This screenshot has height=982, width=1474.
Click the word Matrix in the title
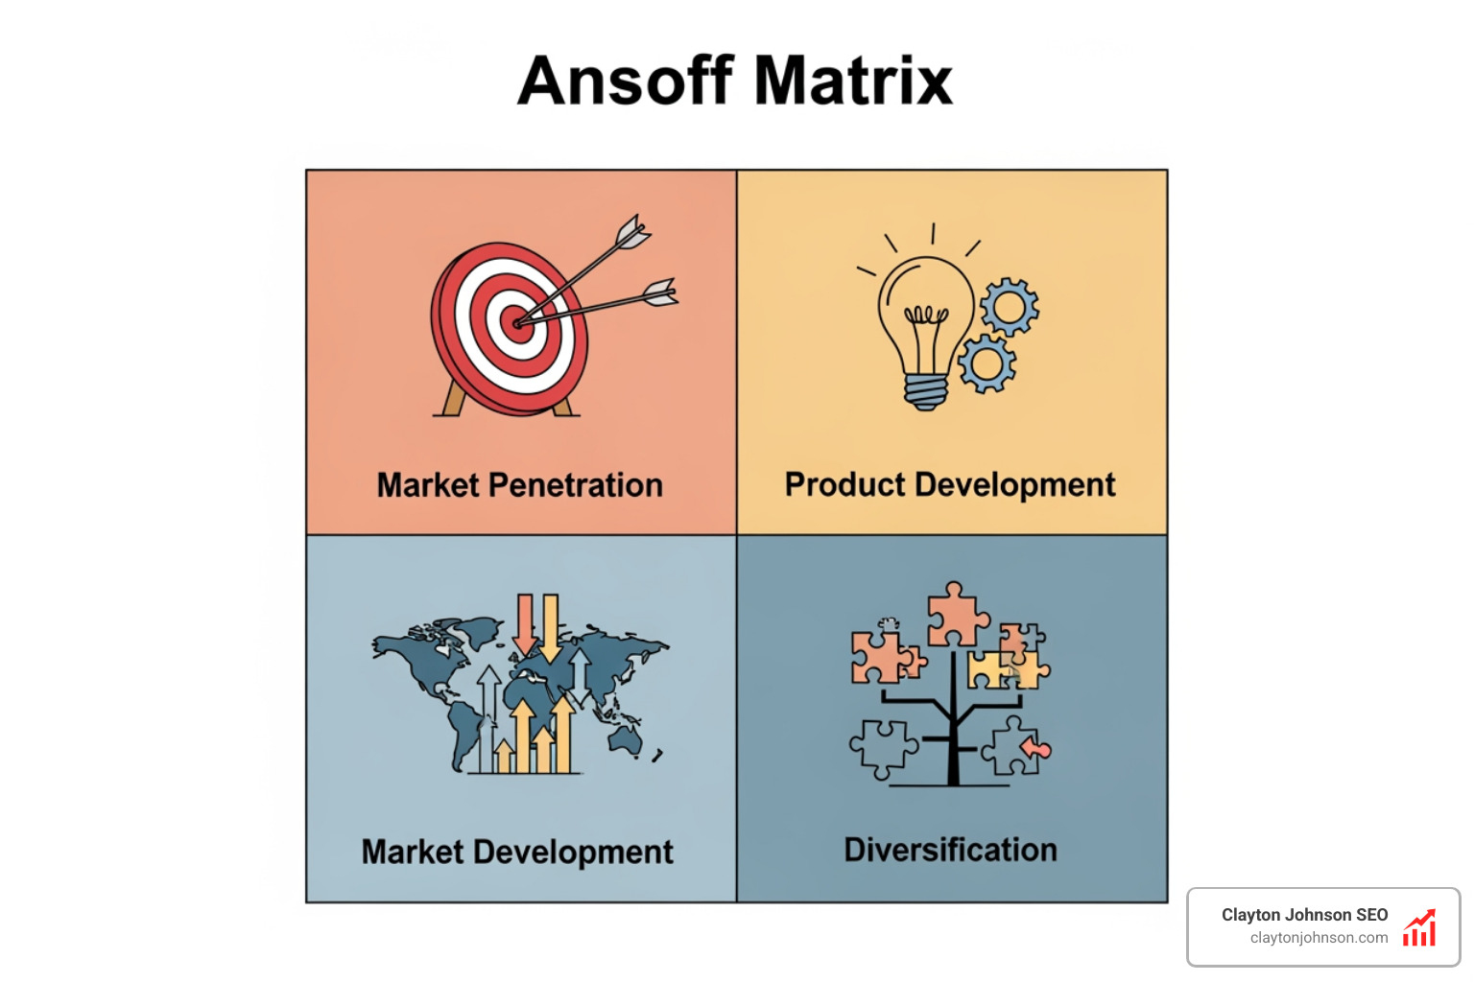[853, 81]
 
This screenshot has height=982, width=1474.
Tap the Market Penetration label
[519, 485]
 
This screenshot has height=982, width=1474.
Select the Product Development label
[950, 485]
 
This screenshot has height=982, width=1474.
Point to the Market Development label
[517, 852]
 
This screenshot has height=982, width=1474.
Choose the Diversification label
[950, 850]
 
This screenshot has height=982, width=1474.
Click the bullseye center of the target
[518, 323]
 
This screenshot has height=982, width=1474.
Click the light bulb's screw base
[926, 391]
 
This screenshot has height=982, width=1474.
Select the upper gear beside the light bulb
[1009, 308]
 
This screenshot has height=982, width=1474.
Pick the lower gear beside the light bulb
[986, 363]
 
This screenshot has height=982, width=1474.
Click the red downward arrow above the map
[525, 622]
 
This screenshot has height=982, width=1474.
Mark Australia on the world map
[625, 737]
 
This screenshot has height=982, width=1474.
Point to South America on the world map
[464, 730]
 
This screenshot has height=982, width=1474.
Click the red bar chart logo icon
[1419, 927]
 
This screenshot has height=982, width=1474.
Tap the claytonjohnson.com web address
[1319, 938]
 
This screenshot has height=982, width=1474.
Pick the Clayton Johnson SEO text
[1304, 915]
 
